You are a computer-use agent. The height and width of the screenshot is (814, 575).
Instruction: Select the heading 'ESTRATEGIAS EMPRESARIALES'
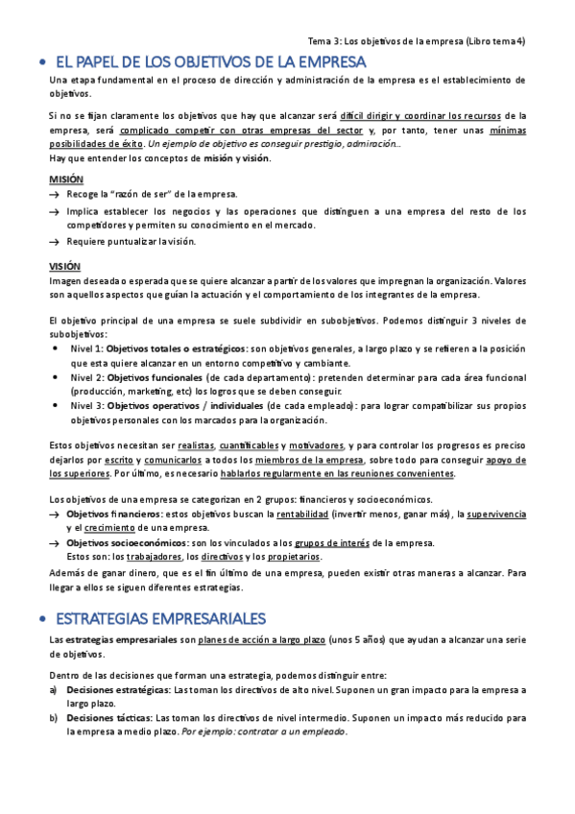161,589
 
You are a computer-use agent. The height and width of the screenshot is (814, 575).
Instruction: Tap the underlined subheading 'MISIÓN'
66,180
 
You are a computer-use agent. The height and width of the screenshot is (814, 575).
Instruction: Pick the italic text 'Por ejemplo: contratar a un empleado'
264,731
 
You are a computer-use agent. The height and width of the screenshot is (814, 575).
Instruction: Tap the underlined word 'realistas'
196,445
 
